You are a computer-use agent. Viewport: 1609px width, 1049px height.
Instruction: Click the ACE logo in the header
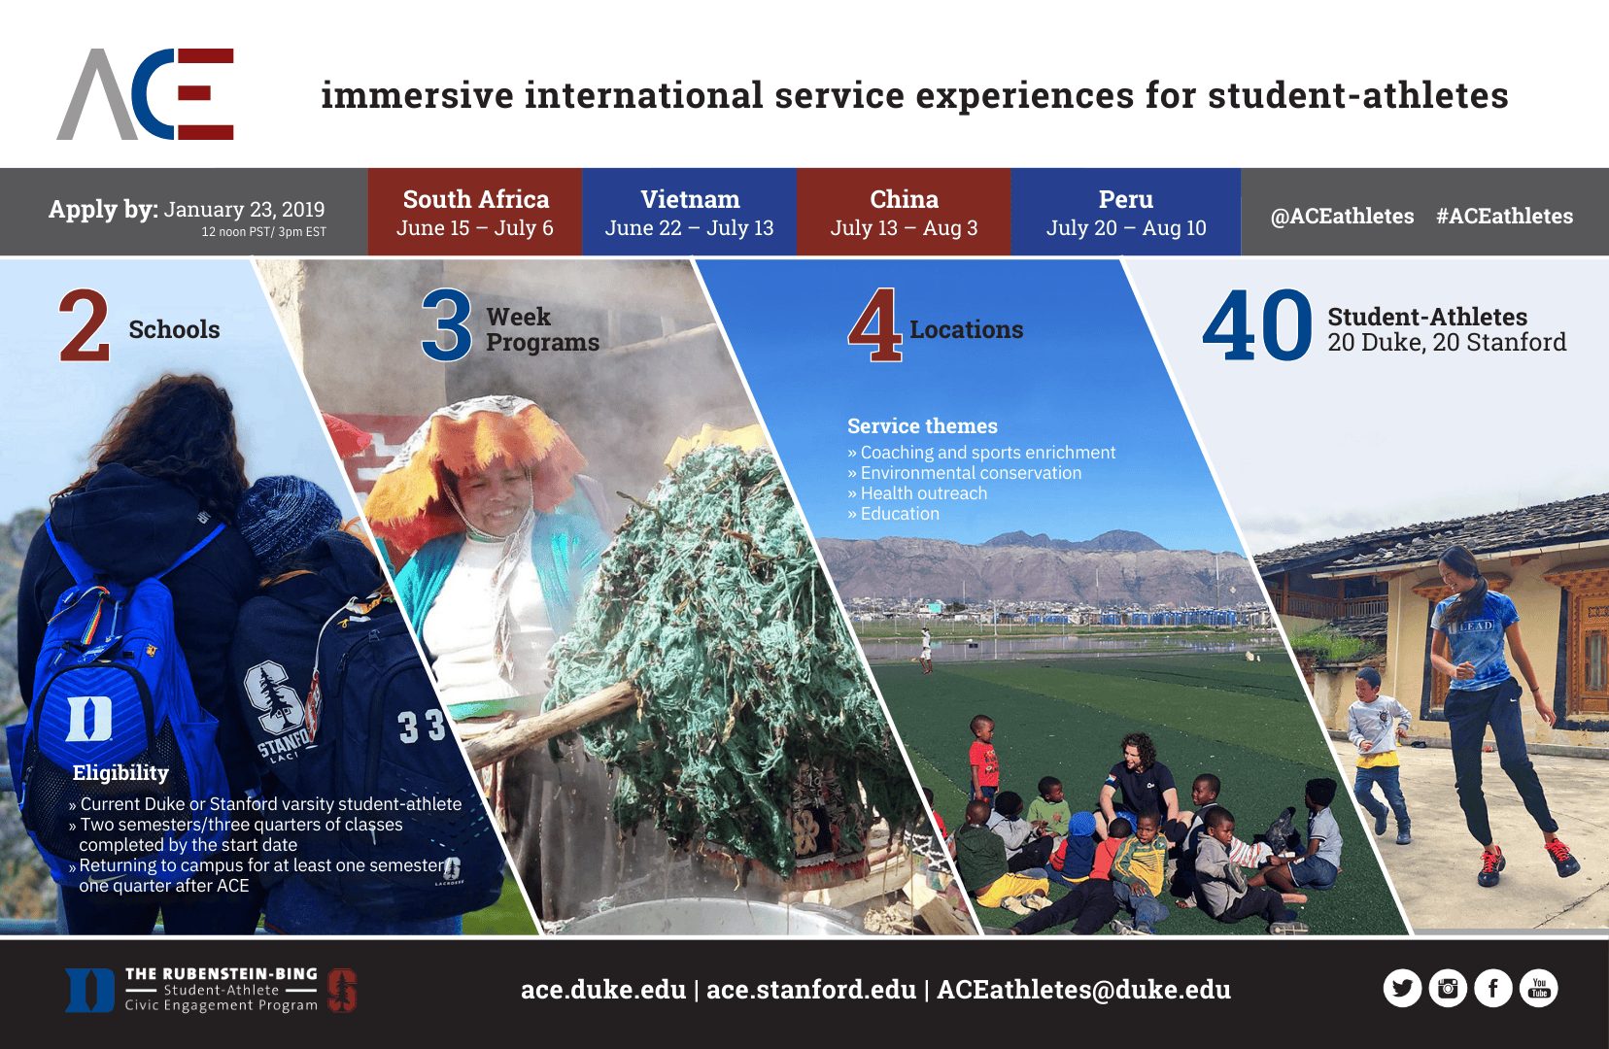[x=145, y=94]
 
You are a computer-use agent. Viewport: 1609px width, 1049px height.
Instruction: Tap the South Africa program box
[x=475, y=212]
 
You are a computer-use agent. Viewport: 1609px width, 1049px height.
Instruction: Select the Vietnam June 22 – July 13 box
[x=689, y=212]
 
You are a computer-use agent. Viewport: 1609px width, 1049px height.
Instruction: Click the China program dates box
[x=904, y=212]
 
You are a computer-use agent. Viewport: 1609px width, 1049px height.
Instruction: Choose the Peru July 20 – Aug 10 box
[x=1125, y=212]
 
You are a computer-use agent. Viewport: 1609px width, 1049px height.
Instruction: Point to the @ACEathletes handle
[x=1342, y=217]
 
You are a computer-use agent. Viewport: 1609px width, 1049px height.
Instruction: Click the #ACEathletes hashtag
[x=1505, y=217]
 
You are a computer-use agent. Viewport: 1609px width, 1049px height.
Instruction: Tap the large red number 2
[x=85, y=325]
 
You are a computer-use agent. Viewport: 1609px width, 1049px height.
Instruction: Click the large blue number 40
[x=1257, y=325]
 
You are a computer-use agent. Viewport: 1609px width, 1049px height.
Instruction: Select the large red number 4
[x=874, y=325]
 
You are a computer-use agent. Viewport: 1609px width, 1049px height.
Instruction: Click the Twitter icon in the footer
[x=1402, y=989]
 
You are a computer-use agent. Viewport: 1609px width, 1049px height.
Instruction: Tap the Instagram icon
[x=1448, y=989]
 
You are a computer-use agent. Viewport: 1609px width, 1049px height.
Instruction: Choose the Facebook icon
[x=1493, y=989]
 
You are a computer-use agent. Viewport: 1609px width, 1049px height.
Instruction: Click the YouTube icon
[x=1539, y=989]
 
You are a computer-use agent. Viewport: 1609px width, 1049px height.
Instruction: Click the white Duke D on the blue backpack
[x=89, y=718]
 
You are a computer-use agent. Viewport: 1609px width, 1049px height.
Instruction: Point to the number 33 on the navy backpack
[x=423, y=726]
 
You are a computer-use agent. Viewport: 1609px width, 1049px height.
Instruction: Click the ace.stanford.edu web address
[x=811, y=990]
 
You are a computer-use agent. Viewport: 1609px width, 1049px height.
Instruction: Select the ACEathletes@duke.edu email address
[x=1084, y=990]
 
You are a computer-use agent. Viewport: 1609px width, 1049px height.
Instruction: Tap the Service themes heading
[x=922, y=425]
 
